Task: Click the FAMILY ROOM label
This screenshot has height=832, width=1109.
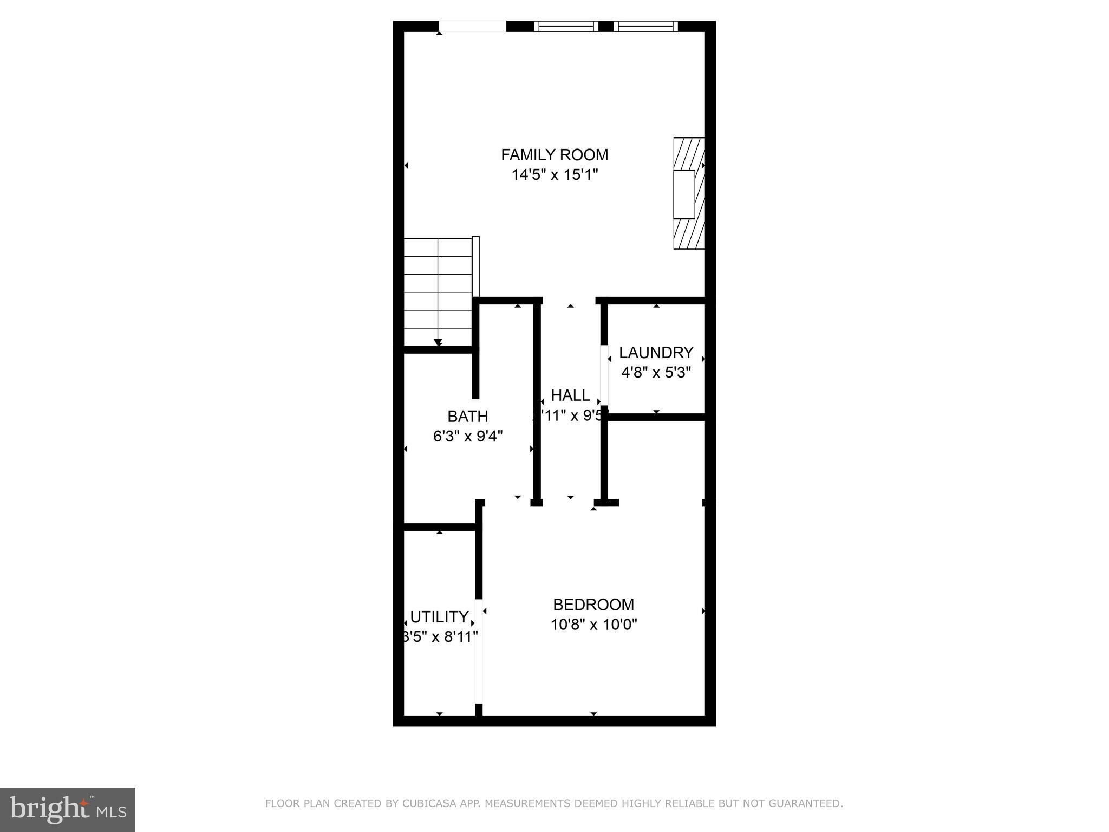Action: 554,155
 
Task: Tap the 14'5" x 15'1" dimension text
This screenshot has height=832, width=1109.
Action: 554,175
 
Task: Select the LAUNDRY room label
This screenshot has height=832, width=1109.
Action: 656,353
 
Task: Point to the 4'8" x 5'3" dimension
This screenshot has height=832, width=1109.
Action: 656,373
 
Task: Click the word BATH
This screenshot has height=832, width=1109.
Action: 467,416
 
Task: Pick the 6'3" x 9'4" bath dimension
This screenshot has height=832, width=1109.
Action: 468,436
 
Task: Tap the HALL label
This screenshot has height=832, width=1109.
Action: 570,395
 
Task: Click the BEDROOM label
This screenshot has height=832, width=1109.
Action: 593,604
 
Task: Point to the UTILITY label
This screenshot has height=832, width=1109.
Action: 439,617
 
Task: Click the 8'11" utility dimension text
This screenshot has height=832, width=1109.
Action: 458,636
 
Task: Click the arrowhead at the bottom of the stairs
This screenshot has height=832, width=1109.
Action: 438,342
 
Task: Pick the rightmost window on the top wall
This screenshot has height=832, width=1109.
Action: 645,26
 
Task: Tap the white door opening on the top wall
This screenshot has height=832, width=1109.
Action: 472,27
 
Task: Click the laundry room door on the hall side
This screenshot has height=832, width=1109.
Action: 604,375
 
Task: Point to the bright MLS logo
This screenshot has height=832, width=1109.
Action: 67,809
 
